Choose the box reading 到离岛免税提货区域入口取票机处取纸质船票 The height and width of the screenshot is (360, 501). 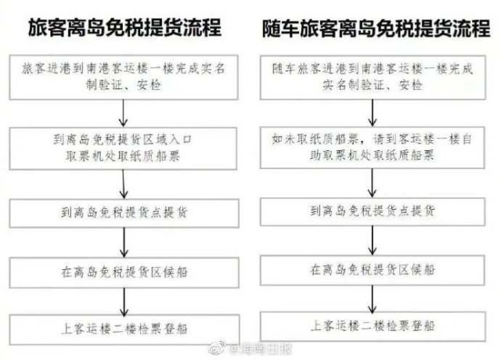click(125, 146)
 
